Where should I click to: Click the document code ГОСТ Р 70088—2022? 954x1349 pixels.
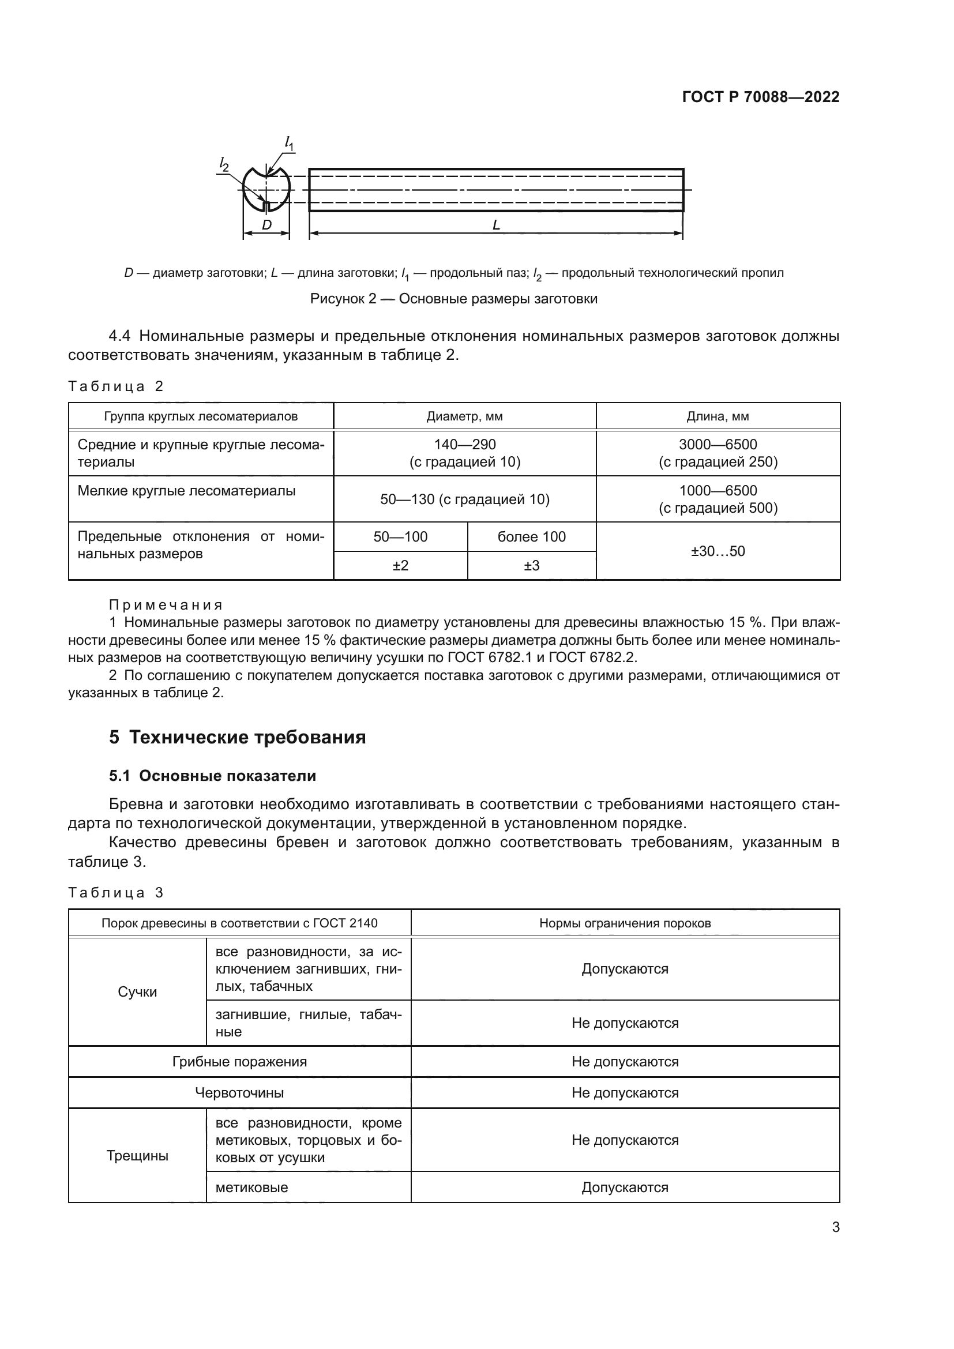[760, 97]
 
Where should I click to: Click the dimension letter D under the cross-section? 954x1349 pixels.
[266, 225]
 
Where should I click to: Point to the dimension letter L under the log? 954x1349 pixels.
[496, 225]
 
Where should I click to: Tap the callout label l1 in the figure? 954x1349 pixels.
[289, 143]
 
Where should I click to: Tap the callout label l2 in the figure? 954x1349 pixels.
[224, 164]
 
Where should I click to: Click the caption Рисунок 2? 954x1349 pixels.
[453, 299]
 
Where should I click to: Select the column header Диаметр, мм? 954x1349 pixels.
[464, 416]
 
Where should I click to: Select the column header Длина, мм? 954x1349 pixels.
[718, 416]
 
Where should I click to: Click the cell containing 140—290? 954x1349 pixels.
[464, 453]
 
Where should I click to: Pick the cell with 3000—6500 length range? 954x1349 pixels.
[718, 453]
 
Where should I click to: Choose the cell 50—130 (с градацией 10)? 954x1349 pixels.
[464, 499]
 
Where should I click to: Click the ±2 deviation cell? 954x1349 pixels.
[400, 565]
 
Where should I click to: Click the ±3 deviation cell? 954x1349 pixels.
[531, 565]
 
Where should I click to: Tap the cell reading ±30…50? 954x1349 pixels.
[718, 551]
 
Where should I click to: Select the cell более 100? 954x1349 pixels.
[531, 536]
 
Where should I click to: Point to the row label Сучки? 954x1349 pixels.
[137, 992]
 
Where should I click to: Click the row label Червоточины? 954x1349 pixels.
[239, 1093]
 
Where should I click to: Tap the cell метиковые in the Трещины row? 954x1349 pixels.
[251, 1188]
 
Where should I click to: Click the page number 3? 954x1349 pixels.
[835, 1227]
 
